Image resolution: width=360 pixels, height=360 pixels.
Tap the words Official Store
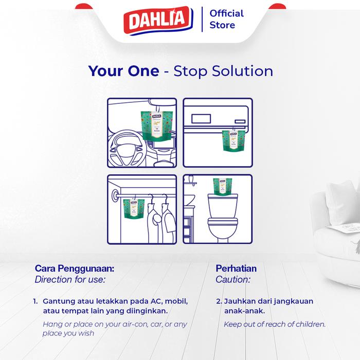[226, 19]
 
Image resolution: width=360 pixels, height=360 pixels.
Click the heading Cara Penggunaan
[75, 268]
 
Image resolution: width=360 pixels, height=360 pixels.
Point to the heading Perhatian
[236, 268]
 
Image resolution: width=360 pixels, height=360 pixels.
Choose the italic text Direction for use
[69, 280]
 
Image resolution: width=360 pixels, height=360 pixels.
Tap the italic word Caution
[233, 280]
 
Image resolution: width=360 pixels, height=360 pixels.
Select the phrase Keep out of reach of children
[275, 325]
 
